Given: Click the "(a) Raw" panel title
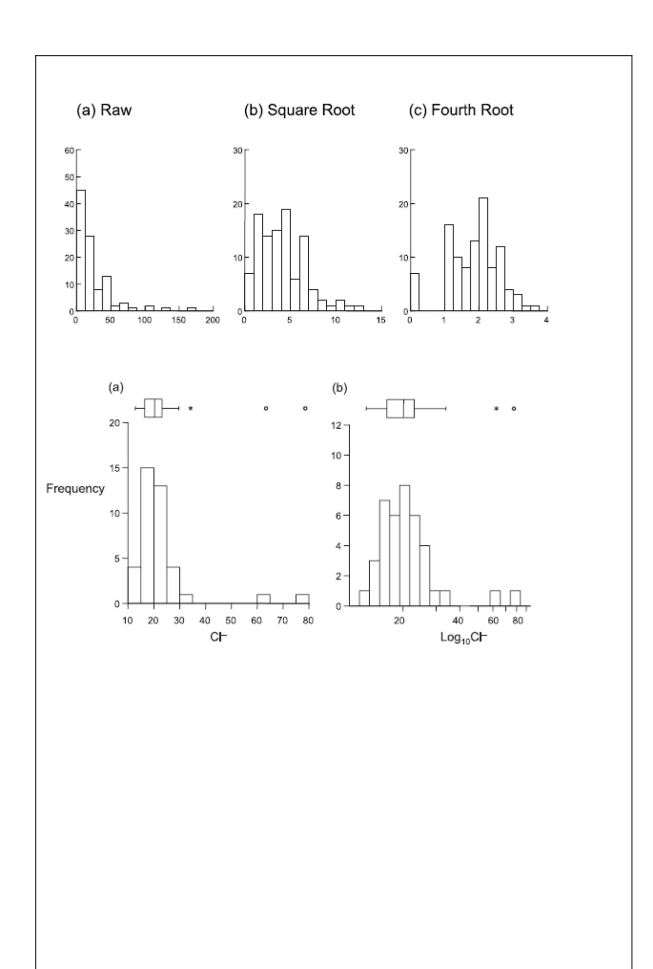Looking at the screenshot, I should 104,110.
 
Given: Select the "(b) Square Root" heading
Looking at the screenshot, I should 299,110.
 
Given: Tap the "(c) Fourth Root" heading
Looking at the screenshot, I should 461,110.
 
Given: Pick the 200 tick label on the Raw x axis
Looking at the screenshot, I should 212,320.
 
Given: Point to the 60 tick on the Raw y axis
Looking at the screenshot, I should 70,151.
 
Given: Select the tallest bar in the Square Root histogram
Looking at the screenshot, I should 286,260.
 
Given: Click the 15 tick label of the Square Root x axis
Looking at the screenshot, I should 381,320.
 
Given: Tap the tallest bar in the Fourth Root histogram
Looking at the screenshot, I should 483,254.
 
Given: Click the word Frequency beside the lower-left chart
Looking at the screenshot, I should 75,489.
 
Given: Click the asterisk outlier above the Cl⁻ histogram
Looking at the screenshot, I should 191,408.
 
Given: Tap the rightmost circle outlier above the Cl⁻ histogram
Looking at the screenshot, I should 305,408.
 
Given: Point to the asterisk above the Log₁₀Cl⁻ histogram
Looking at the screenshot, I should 496,408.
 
